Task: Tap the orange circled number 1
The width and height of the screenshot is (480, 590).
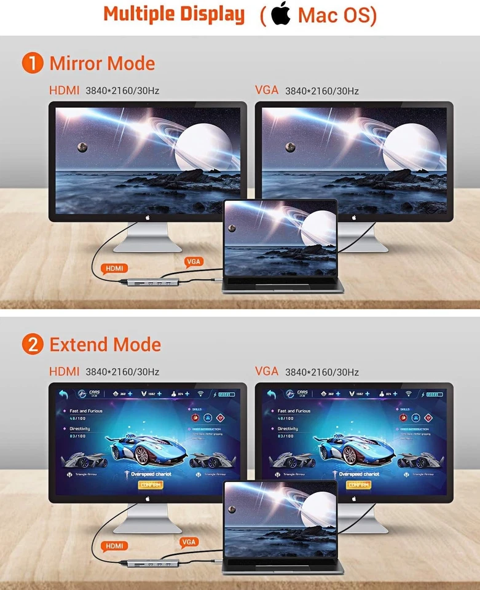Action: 32,63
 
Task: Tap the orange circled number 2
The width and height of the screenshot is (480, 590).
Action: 32,345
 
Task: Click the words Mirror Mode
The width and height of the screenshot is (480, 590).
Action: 102,63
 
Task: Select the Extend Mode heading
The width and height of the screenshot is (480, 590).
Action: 105,345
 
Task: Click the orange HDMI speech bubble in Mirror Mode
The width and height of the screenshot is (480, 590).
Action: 114,268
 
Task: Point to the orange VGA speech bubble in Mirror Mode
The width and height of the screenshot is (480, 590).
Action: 193,262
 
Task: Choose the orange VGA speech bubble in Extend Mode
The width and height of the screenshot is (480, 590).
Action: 189,541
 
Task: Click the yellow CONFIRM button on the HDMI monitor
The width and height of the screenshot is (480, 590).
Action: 150,485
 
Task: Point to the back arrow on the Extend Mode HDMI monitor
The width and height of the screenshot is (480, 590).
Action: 63,394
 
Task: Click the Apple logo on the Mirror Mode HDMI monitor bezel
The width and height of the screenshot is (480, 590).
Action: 148,216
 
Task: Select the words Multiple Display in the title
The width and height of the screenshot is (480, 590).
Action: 174,14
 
